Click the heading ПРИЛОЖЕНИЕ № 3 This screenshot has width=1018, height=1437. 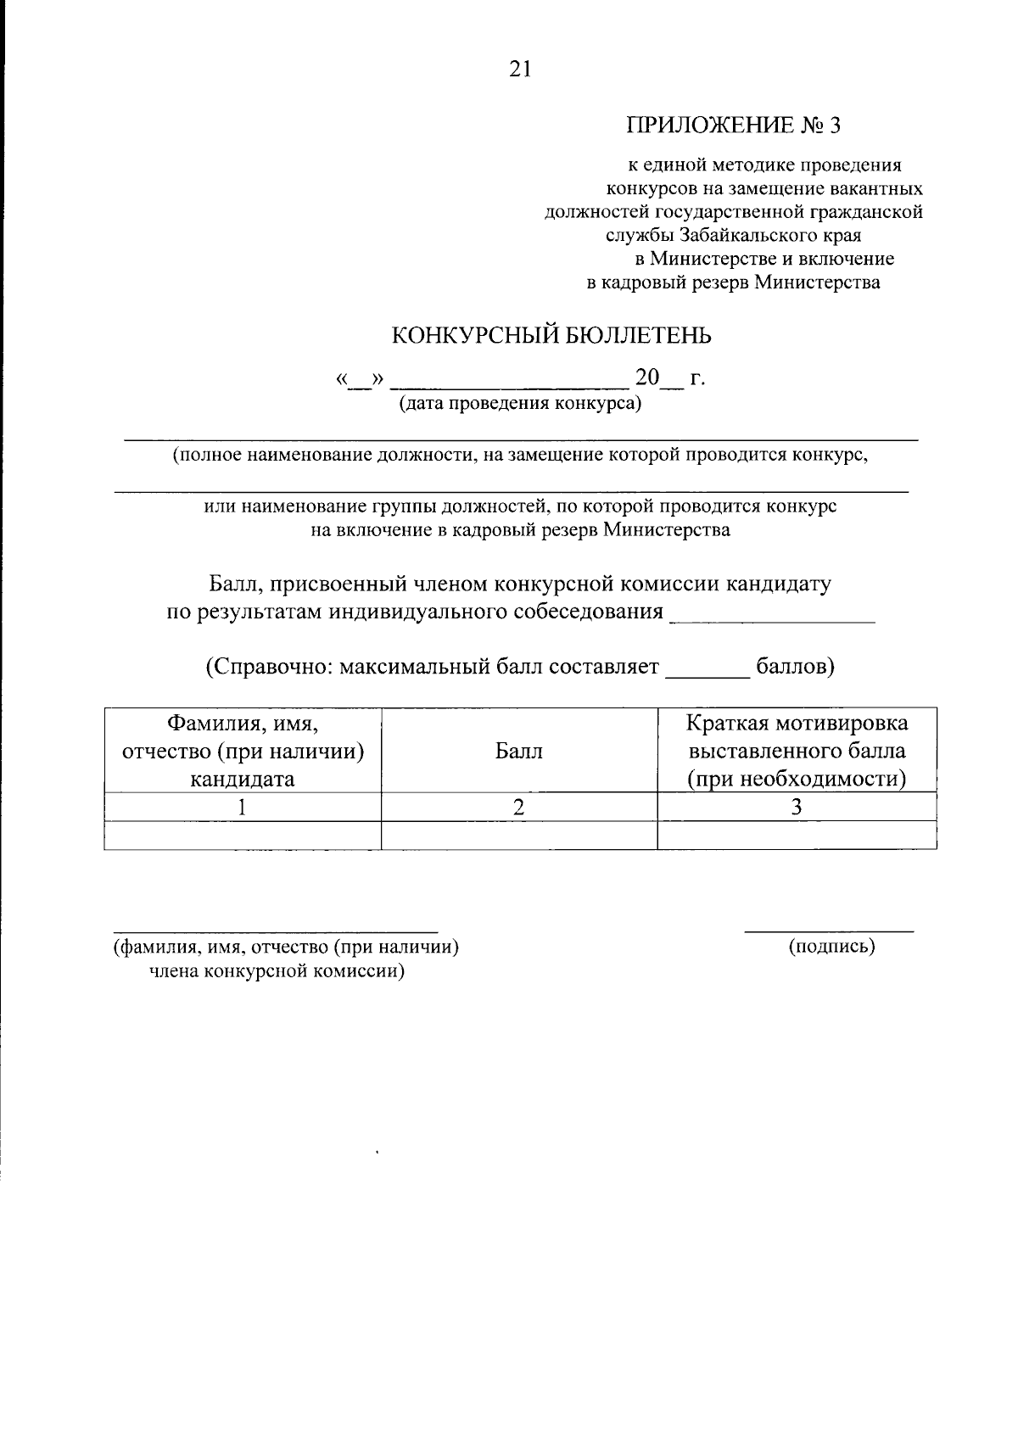[x=733, y=126]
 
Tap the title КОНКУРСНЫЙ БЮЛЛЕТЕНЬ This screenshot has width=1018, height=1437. [x=551, y=336]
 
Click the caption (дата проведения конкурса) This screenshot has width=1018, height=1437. [x=520, y=404]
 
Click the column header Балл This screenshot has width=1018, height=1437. [x=519, y=752]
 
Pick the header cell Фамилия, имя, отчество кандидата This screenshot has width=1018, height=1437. [x=243, y=751]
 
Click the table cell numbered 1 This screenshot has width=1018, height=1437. [x=243, y=808]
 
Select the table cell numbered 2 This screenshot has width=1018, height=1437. [x=519, y=808]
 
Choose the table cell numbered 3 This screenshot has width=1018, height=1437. [x=797, y=808]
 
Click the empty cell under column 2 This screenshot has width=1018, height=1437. [x=519, y=836]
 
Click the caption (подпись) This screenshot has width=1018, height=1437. [x=831, y=947]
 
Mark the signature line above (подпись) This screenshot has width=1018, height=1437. [x=829, y=932]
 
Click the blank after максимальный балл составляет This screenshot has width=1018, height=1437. [x=708, y=674]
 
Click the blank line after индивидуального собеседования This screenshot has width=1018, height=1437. [x=772, y=620]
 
